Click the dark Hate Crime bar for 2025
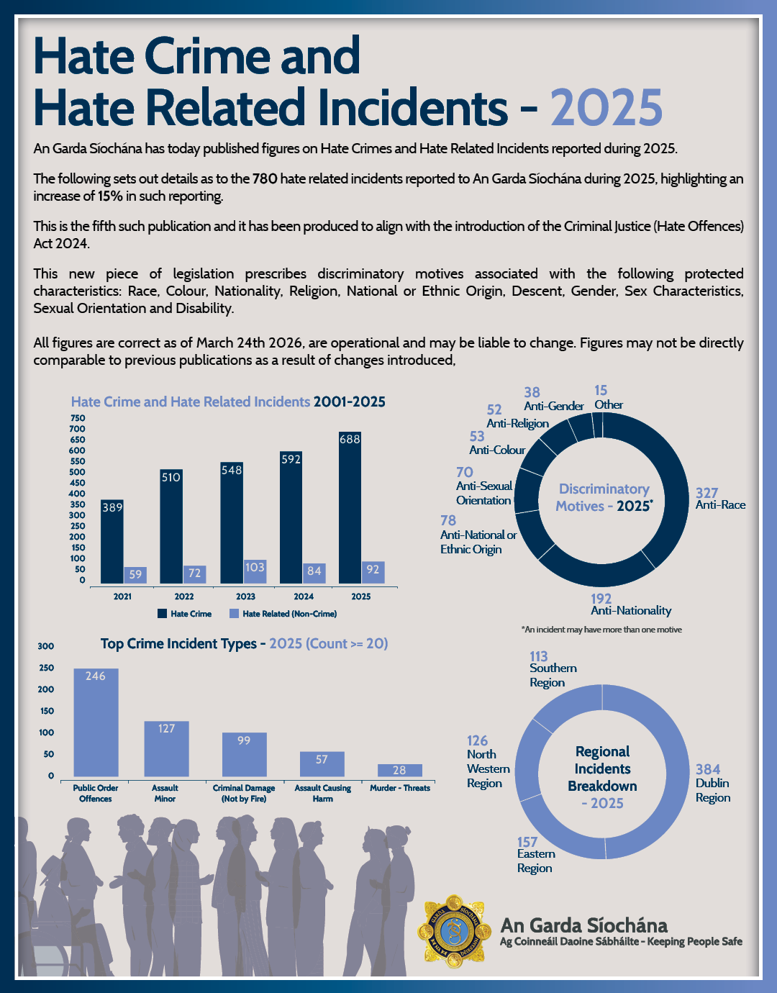point(350,507)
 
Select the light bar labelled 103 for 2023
point(255,571)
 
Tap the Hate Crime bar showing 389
point(112,542)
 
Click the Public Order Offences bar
point(96,722)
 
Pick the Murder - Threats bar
point(400,771)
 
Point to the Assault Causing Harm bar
point(322,764)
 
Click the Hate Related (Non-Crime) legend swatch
point(234,614)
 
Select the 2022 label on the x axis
point(184,597)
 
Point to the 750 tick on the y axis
point(78,417)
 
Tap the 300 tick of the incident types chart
point(45,645)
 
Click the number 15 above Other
point(601,390)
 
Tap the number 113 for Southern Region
point(539,656)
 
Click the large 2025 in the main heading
point(606,108)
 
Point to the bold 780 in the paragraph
point(265,178)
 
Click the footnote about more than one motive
point(601,629)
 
